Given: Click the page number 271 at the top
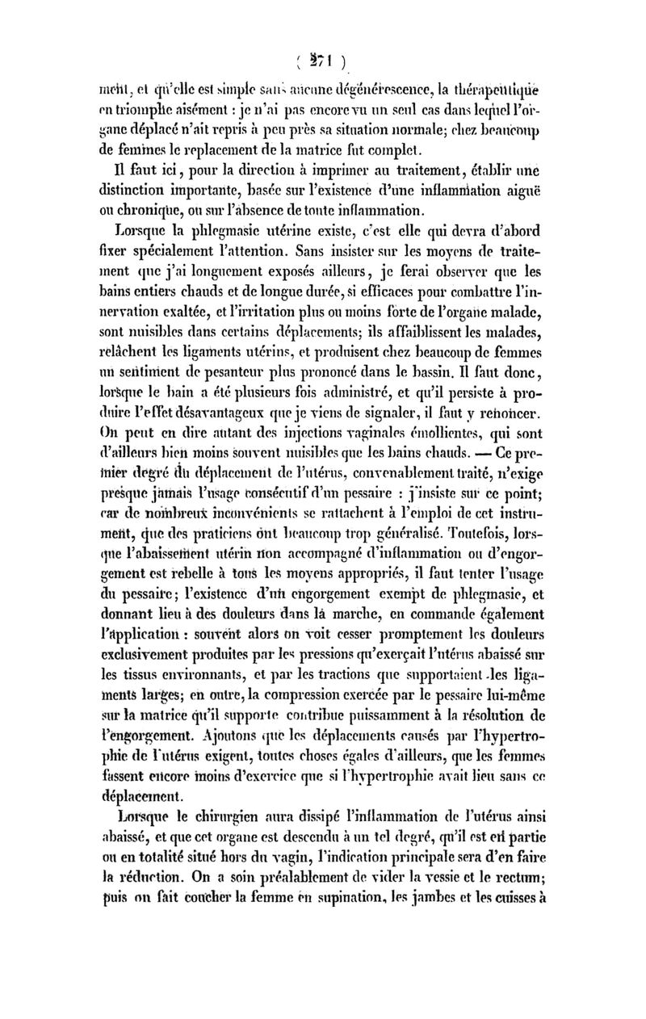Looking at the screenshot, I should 322,61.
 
